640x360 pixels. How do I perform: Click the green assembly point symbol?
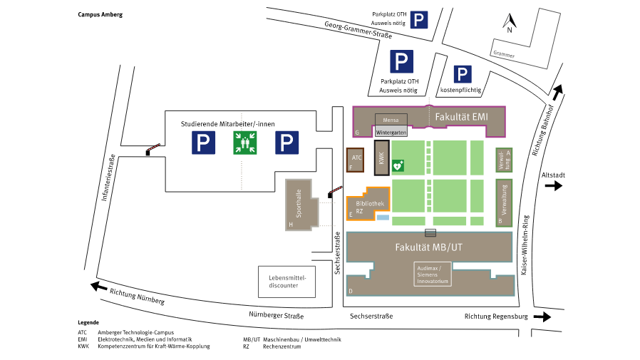click(x=245, y=143)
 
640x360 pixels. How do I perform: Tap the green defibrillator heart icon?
click(x=398, y=165)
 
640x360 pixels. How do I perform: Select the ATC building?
click(x=355, y=160)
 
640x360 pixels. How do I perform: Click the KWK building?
click(x=381, y=158)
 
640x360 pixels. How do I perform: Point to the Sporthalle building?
click(x=301, y=205)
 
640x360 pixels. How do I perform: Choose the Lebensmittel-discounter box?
click(x=287, y=282)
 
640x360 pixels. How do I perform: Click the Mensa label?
click(x=391, y=120)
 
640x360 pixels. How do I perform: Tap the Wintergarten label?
click(x=391, y=133)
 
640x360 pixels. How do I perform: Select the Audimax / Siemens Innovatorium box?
click(x=433, y=274)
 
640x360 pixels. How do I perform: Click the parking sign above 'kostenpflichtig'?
click(x=463, y=74)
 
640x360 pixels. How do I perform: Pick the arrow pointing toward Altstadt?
click(x=554, y=186)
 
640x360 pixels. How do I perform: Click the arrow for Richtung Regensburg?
click(x=542, y=317)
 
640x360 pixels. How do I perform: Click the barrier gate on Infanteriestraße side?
click(x=153, y=149)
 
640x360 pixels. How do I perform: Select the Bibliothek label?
click(x=370, y=203)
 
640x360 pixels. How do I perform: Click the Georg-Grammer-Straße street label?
click(x=358, y=30)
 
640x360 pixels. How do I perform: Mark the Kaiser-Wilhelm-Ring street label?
click(x=525, y=245)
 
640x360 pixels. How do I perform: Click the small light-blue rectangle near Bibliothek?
click(x=383, y=217)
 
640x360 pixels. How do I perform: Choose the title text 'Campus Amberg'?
click(x=100, y=14)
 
